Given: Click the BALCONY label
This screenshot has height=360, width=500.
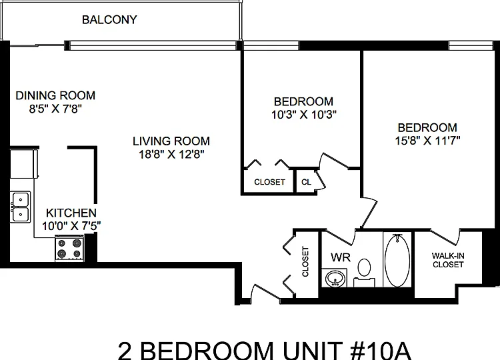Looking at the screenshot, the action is click(109, 20).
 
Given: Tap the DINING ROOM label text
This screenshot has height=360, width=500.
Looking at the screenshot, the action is click(55, 95).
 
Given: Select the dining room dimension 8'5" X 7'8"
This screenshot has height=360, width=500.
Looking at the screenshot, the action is click(55, 109).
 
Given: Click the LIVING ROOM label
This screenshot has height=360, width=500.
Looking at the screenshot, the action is click(171, 141).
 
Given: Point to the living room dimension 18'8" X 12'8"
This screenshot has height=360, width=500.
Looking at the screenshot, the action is click(171, 154).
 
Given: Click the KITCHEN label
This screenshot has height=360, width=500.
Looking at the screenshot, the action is click(71, 213).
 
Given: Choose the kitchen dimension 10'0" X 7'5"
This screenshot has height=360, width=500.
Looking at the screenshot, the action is click(71, 226).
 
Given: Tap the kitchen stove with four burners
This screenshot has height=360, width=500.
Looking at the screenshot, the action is click(69, 249).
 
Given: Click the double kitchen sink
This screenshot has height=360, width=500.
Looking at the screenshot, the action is click(21, 207).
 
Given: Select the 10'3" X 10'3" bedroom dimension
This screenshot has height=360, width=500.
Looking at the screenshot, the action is click(304, 115).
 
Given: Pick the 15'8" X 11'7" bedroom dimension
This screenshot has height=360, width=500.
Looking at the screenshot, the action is click(427, 140).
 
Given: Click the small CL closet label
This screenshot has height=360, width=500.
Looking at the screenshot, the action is click(306, 182).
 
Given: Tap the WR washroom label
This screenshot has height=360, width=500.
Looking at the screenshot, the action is click(341, 257).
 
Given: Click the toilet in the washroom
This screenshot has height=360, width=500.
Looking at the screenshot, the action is click(364, 272).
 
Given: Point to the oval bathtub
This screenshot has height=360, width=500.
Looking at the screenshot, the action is click(397, 261).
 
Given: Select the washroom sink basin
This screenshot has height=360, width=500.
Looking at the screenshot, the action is click(335, 279).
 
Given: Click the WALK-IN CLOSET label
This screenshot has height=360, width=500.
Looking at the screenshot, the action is click(448, 260).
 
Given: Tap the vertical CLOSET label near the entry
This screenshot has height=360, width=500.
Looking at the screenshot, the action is click(305, 261).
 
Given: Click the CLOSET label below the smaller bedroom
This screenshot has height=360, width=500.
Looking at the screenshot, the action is click(269, 182).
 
